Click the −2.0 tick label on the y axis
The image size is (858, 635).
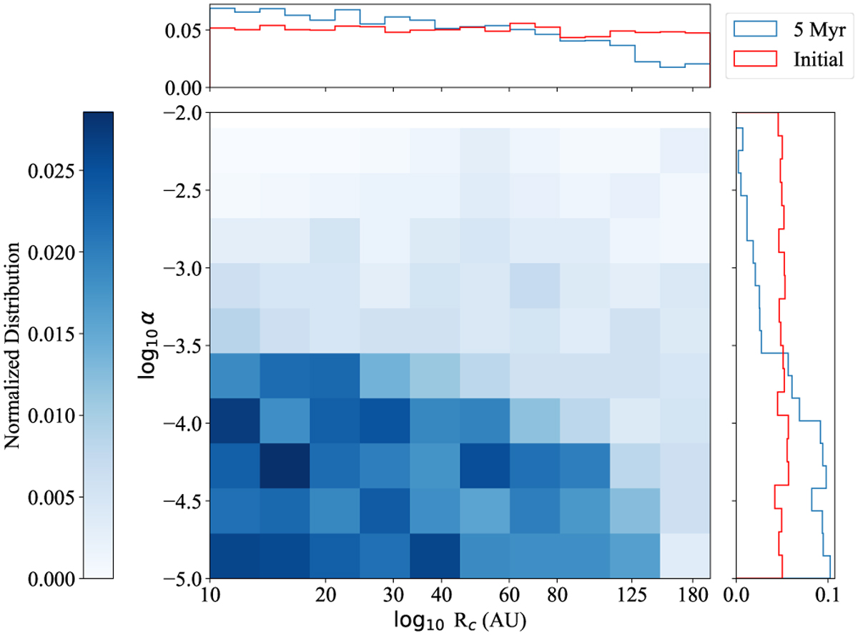point(179,113)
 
